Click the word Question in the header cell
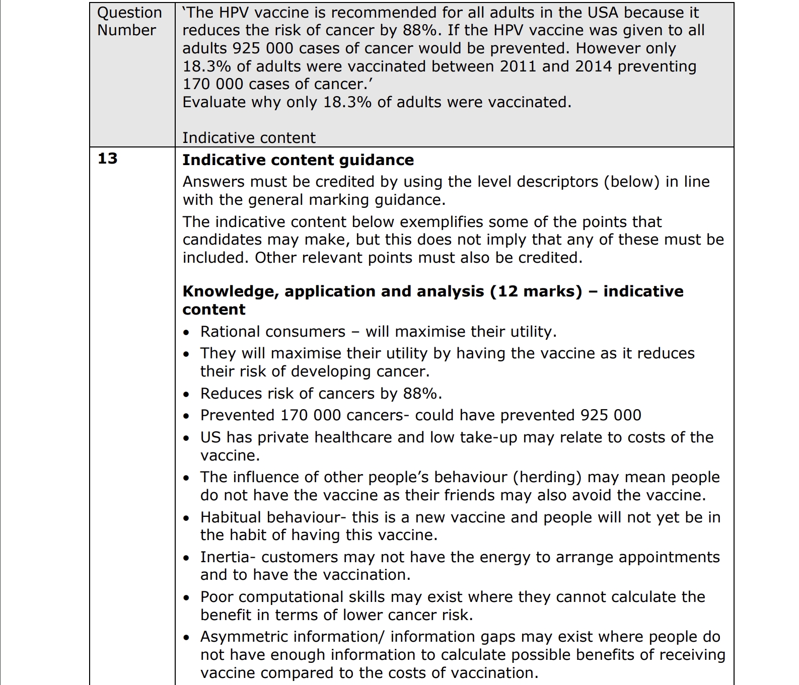[129, 13]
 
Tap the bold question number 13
[107, 159]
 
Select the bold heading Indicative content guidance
[298, 160]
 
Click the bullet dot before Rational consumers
[187, 333]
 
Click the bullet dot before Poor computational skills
[187, 598]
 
